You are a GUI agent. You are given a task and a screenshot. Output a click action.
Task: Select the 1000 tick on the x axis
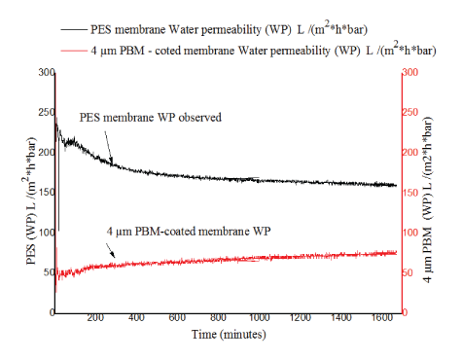pyautogui.click(x=259, y=320)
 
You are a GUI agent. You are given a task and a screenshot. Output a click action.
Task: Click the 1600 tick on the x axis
pyautogui.click(x=381, y=320)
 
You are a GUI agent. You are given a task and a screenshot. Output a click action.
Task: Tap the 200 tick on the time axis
pyautogui.click(x=95, y=320)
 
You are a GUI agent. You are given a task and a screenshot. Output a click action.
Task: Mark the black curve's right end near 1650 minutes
pyautogui.click(x=395, y=185)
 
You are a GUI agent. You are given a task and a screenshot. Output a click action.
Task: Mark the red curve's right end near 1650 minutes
pyautogui.click(x=395, y=252)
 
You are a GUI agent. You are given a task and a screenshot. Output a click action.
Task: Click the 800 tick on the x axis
pyautogui.click(x=218, y=320)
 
